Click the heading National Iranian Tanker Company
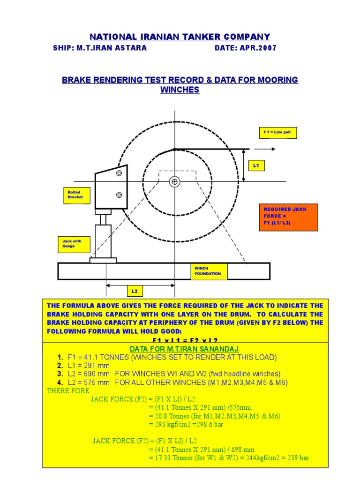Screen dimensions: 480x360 pos(180,37)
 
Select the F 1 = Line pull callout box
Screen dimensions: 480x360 pos(277,133)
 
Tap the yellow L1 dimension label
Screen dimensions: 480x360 pos(256,165)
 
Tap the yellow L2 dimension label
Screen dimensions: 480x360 pos(135,291)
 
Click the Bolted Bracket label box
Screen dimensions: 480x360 pos(75,195)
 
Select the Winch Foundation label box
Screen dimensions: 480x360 pos(209,271)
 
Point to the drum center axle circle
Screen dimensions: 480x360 pos(175,181)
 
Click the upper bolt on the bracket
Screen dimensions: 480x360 pos(119,173)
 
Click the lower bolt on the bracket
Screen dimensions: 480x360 pos(119,195)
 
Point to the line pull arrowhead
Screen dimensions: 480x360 pos(274,149)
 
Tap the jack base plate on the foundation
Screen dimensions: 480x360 pos(103,260)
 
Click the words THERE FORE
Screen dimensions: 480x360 pos(68,391)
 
